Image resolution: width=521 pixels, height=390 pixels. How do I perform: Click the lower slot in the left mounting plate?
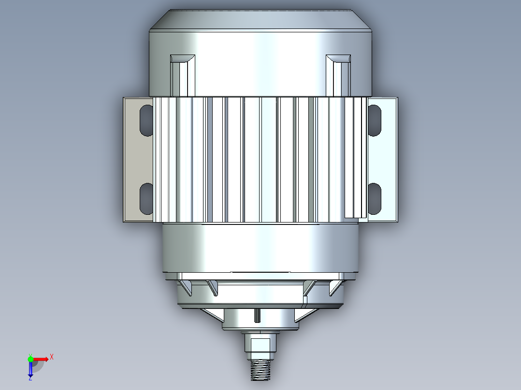146,198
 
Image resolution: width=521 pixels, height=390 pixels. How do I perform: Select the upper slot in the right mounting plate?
374,120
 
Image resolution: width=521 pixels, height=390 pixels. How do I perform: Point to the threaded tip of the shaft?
261,372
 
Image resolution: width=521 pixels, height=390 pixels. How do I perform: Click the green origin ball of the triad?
30,359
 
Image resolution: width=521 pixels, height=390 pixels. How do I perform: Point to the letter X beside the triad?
52,357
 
